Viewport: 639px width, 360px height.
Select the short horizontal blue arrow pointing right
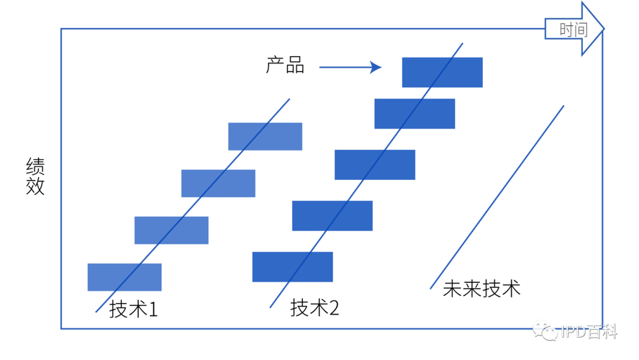(x=349, y=68)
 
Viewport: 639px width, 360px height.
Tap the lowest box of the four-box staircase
(x=125, y=277)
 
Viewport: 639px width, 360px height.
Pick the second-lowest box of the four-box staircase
(x=172, y=230)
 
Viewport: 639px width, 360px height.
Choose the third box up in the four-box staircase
(x=218, y=184)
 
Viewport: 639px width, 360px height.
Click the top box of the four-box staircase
(x=266, y=137)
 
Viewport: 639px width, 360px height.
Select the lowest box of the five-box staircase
(x=292, y=266)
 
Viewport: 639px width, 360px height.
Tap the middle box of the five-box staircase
(x=375, y=165)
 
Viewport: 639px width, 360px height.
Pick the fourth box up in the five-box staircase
(x=415, y=114)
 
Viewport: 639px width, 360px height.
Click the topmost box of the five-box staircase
(x=440, y=71)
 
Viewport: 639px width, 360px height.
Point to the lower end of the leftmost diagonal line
(x=96, y=313)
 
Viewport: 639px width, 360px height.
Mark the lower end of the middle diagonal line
(x=268, y=308)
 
